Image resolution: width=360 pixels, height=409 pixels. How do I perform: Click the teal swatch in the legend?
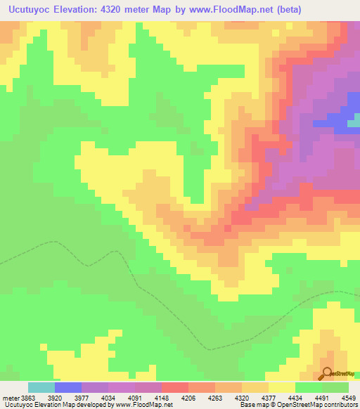click(41, 387)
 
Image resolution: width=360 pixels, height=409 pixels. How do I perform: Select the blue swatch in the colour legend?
click(67, 387)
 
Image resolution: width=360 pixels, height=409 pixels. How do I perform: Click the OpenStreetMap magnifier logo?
click(327, 372)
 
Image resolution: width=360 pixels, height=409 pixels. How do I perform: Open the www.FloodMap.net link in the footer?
click(141, 405)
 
